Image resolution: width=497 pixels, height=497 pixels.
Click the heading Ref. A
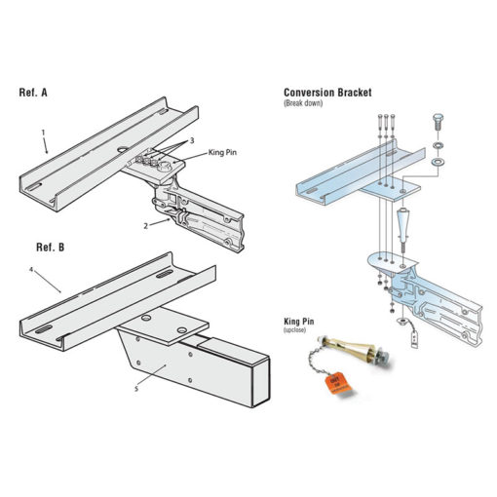coord(35,94)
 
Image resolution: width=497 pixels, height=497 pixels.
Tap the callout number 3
coord(192,141)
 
